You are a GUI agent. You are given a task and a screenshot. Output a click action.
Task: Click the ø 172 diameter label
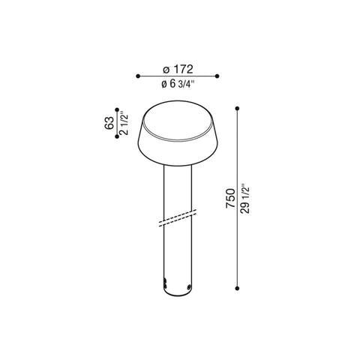point(178,69)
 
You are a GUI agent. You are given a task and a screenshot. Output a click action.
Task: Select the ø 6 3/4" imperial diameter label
point(178,84)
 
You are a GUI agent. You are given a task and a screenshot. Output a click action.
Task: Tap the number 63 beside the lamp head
point(109,123)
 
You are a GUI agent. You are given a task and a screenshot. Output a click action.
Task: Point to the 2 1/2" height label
point(124,123)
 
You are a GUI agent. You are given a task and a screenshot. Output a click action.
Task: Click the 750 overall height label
point(230,198)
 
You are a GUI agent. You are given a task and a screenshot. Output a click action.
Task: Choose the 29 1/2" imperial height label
point(244,199)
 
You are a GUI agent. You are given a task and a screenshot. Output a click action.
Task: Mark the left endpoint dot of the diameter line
point(138,76)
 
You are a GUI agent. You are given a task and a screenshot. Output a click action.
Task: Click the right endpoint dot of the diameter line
point(217,76)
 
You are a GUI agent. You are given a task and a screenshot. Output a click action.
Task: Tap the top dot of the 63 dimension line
point(117,109)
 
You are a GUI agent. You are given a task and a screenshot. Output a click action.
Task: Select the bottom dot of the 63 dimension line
point(117,136)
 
